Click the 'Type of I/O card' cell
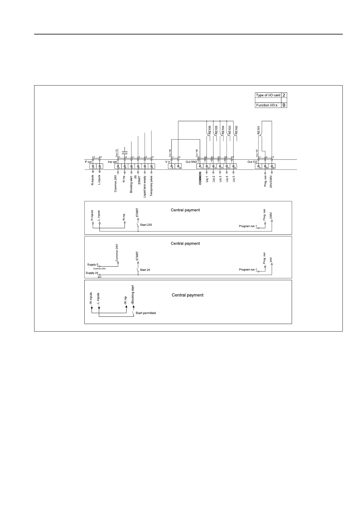268,95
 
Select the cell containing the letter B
284,105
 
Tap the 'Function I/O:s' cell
267,105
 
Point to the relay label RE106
209,130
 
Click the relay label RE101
259,130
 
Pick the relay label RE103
230,130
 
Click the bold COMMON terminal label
200,178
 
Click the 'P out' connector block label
88,162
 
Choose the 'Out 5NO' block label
191,162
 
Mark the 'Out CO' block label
252,162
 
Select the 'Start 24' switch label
145,270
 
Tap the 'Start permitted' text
146,313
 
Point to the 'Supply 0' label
92,265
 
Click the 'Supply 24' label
92,273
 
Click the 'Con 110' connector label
116,152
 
